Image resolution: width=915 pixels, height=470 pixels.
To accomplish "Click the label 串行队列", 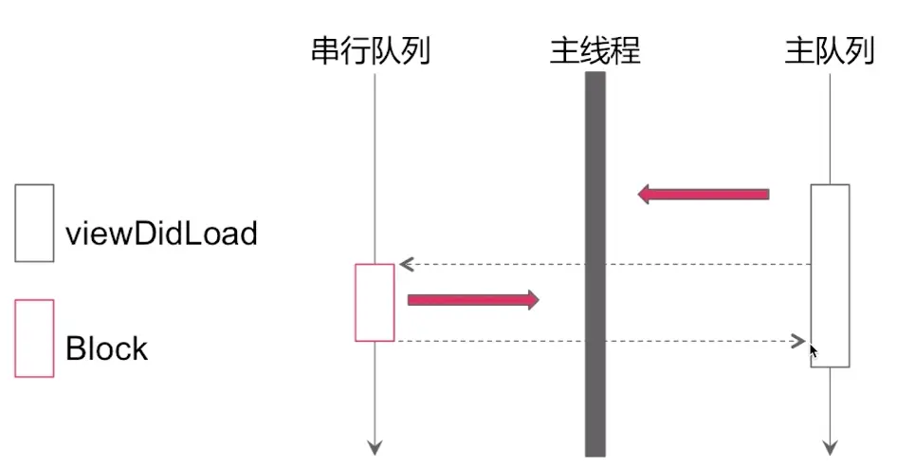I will tap(370, 50).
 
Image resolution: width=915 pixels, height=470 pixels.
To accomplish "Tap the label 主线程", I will tap(595, 50).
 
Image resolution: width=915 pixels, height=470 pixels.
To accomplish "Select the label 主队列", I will tap(829, 50).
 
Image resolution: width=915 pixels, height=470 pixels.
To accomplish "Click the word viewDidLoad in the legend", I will tap(161, 233).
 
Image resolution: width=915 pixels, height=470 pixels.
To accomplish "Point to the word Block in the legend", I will tap(106, 348).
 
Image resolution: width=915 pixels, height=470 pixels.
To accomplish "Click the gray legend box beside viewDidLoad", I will tap(34, 223).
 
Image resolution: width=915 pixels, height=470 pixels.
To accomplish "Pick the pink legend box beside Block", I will tap(34, 339).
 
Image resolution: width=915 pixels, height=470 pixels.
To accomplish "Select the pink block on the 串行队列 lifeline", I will tap(375, 302).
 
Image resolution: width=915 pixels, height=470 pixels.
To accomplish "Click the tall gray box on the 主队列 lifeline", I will tap(830, 275).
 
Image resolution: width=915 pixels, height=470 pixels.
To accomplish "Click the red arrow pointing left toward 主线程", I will tap(703, 195).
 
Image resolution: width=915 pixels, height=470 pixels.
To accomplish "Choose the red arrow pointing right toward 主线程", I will tap(472, 300).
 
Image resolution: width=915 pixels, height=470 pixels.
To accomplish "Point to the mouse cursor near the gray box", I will tap(813, 351).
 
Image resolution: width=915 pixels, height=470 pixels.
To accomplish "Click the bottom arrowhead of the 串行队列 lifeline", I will tap(375, 446).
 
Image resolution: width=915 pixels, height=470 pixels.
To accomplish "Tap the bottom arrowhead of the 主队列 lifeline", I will tap(830, 446).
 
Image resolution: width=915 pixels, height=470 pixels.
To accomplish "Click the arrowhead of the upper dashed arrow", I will tap(405, 264).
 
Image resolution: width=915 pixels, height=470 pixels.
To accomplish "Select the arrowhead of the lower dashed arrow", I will tap(799, 340).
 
